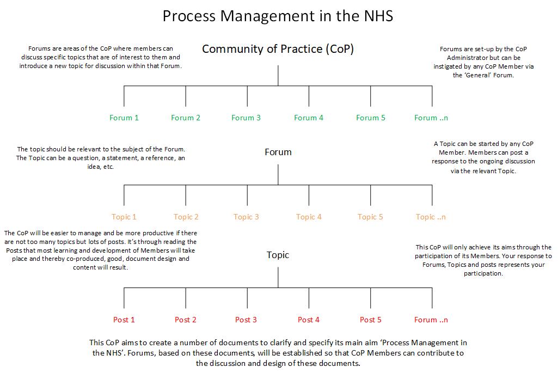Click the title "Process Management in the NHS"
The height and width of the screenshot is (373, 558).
point(278,16)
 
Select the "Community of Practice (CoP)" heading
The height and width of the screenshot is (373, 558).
point(278,49)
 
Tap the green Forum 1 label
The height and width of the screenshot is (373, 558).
point(124,118)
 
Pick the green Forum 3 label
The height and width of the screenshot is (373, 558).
point(246,118)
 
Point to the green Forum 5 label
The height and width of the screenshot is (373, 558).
point(371,118)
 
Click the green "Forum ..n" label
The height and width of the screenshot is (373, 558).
point(431,118)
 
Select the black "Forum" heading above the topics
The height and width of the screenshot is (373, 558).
point(278,152)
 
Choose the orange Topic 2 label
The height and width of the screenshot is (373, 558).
point(186,217)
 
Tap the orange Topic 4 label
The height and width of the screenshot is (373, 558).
point(309,217)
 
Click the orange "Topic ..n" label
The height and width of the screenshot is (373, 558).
point(431,217)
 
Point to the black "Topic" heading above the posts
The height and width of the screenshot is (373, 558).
point(278,255)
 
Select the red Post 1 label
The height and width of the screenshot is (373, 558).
point(124,320)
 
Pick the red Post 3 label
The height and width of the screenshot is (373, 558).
point(246,320)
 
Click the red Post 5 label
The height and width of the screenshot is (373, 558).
point(371,320)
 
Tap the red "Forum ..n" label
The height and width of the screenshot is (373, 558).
point(431,320)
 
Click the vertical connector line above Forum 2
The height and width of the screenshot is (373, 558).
point(186,96)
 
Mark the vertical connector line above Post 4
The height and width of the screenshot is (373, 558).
point(309,298)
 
